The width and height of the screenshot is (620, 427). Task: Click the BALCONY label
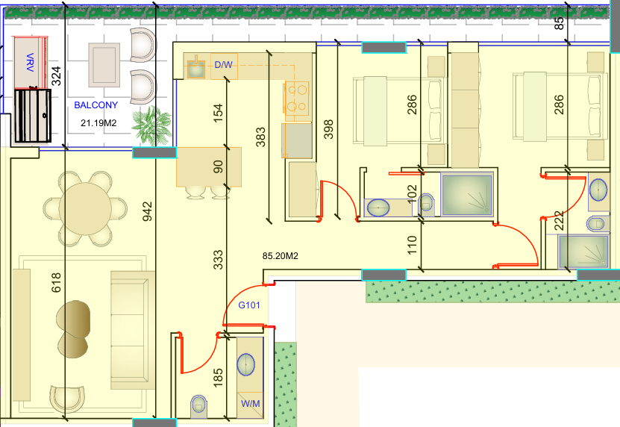pos(96,105)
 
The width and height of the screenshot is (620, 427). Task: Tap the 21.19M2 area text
pos(98,123)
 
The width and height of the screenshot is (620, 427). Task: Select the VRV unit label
pos(30,62)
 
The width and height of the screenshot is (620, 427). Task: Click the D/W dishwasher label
pos(223,64)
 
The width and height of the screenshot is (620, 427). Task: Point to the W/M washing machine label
pos(250,404)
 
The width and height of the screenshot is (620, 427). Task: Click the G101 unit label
pos(249,305)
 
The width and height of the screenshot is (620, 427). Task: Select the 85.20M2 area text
pos(281,256)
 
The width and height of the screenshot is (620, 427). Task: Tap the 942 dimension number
pos(147,211)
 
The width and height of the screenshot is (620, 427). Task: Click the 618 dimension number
pos(56,282)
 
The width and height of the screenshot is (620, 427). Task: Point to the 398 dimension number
pos(328,129)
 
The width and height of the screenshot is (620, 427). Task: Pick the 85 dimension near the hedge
pos(559,23)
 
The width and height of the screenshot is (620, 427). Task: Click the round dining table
pos(85,208)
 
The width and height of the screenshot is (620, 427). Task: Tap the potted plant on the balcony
pos(151,125)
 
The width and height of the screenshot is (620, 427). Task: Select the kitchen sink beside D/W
pos(195,69)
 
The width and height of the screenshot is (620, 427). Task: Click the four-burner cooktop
pos(297,98)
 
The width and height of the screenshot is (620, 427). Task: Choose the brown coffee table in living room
pos(73,329)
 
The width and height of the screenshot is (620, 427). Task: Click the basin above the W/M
pos(246,364)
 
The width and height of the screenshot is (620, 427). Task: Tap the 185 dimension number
pos(218,378)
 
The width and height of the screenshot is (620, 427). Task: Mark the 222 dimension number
pos(559,221)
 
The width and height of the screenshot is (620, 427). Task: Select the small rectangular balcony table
pos(104,65)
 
